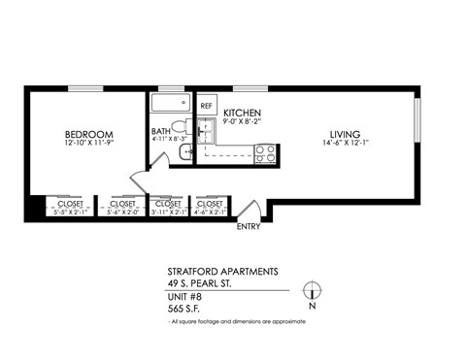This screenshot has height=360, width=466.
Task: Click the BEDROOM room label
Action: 89,134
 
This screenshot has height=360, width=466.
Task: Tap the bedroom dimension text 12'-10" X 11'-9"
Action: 89,145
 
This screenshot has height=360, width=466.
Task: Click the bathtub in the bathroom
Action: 171,105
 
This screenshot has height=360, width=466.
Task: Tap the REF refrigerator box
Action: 207,105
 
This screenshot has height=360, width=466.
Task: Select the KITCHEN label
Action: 242,114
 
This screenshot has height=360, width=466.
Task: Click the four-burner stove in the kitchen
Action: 265,152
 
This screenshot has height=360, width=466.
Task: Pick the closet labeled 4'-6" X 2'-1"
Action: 210,208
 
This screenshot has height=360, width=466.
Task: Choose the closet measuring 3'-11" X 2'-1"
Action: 168,208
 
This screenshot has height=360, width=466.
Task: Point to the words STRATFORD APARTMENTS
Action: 221,271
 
